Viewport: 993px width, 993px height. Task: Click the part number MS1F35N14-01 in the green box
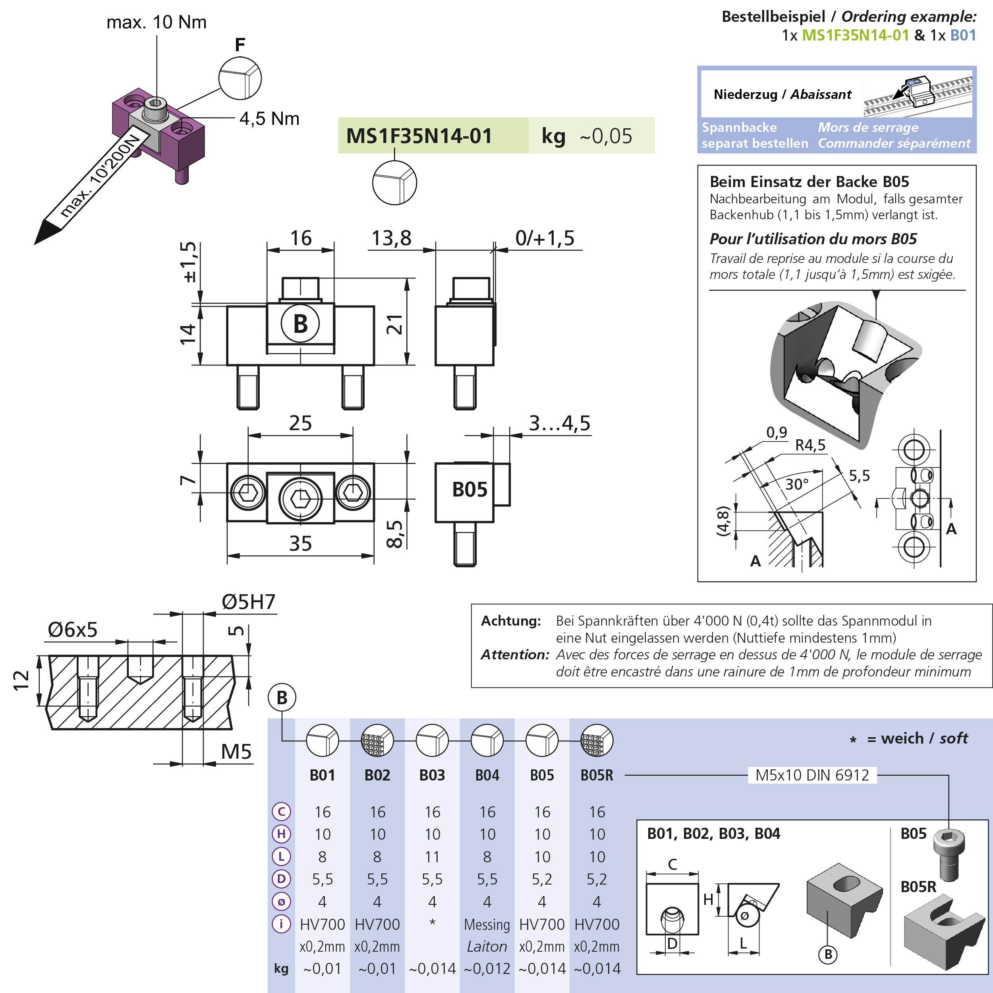click(419, 136)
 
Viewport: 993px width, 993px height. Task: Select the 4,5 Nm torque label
click(269, 119)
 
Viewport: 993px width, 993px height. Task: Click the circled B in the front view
click(300, 324)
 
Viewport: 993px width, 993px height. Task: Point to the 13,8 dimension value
click(391, 238)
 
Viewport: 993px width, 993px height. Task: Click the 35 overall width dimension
click(300, 543)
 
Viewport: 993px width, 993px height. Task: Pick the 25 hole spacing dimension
click(300, 423)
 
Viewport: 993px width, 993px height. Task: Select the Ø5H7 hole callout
click(249, 602)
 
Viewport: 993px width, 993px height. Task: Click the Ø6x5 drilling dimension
click(72, 630)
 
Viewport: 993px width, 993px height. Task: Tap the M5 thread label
click(236, 752)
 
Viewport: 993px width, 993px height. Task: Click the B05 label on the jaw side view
click(469, 489)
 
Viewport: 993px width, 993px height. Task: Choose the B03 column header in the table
click(432, 775)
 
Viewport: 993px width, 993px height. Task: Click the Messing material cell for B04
click(487, 924)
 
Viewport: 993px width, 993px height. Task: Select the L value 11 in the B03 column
click(432, 857)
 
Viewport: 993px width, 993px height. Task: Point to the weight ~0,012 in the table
click(487, 969)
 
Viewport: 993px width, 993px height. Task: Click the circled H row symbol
click(281, 834)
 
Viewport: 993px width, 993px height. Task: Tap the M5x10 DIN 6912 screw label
click(812, 775)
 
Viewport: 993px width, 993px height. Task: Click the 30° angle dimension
click(797, 484)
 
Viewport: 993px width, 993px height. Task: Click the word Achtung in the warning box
click(511, 621)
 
